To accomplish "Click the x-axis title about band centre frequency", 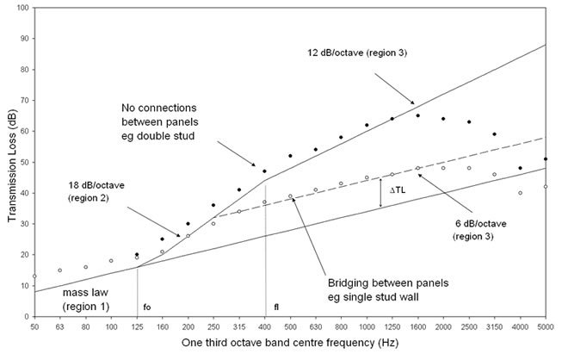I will pos(290,344).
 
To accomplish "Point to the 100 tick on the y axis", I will pos(22,8).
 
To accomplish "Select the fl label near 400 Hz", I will pos(276,305).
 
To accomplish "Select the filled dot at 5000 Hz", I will pos(546,158).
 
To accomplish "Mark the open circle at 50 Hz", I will pos(34,276).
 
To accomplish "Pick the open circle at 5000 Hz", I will pos(546,187).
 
